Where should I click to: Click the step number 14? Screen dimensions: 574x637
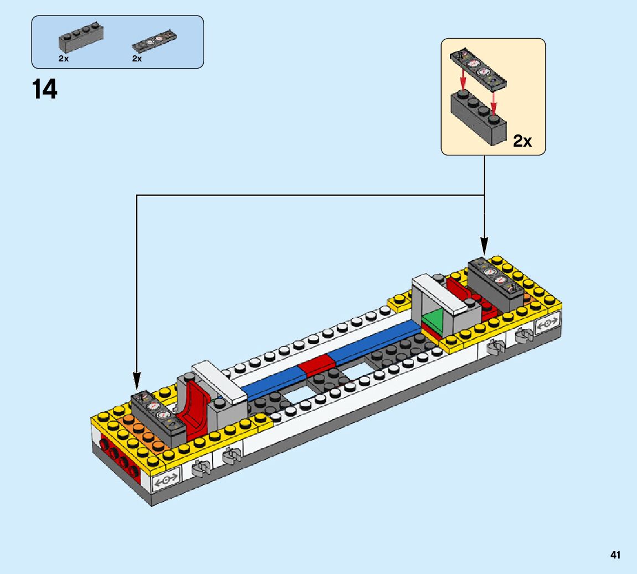45,89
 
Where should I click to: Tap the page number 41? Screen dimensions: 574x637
615,555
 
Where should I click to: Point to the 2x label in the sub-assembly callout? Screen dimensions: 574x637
522,141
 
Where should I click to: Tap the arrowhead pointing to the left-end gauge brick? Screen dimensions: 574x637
137,382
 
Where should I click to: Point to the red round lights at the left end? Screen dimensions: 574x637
118,458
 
